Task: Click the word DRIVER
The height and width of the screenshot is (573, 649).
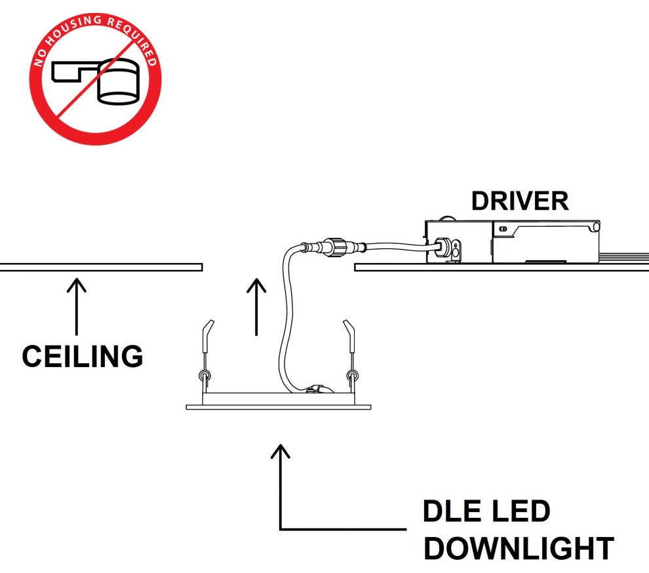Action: (520, 201)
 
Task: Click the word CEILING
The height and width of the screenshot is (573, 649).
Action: (83, 357)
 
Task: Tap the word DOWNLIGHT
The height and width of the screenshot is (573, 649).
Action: (519, 548)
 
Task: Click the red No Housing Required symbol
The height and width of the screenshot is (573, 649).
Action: (95, 79)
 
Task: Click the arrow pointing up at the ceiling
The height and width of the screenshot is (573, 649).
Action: (77, 308)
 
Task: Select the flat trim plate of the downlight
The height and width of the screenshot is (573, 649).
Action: (279, 407)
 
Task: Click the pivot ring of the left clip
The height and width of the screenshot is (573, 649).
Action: (204, 376)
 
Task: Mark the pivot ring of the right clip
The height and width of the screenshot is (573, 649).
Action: (353, 376)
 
